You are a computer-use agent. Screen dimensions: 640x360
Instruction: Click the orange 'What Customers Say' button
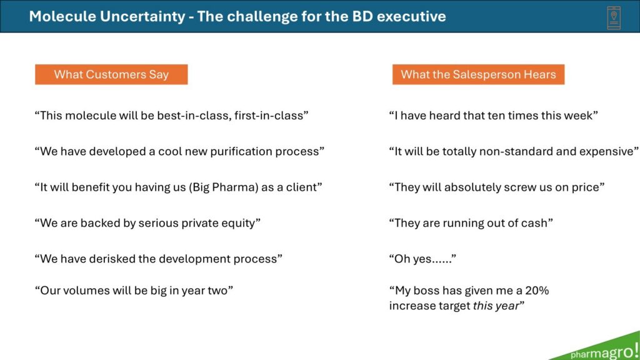click(x=111, y=74)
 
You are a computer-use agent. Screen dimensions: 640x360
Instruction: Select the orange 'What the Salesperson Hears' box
click(x=478, y=74)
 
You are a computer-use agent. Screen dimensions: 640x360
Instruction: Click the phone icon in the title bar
click(x=614, y=17)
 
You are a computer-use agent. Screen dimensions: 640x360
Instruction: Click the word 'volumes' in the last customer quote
click(x=84, y=291)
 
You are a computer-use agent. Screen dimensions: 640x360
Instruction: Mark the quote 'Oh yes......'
click(x=422, y=259)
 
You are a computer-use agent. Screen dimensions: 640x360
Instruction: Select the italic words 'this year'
click(x=496, y=306)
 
